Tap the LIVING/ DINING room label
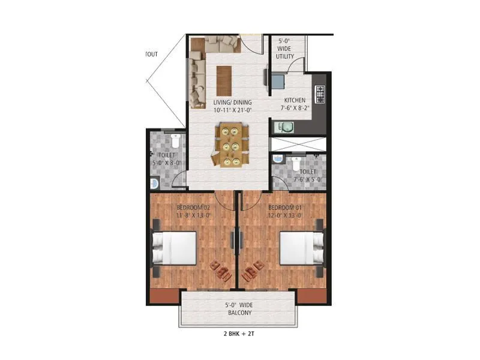point(232,106)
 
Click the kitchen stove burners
point(320,94)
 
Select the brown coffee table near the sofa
point(224,80)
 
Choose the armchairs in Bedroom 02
point(221,271)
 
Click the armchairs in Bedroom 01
point(253,271)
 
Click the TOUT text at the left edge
point(151,54)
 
